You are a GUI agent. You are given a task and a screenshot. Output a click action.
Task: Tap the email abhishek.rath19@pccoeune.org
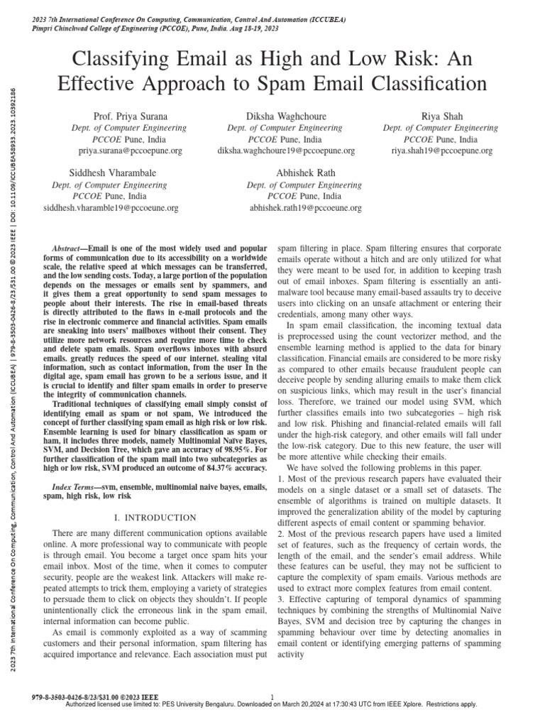(305, 208)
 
